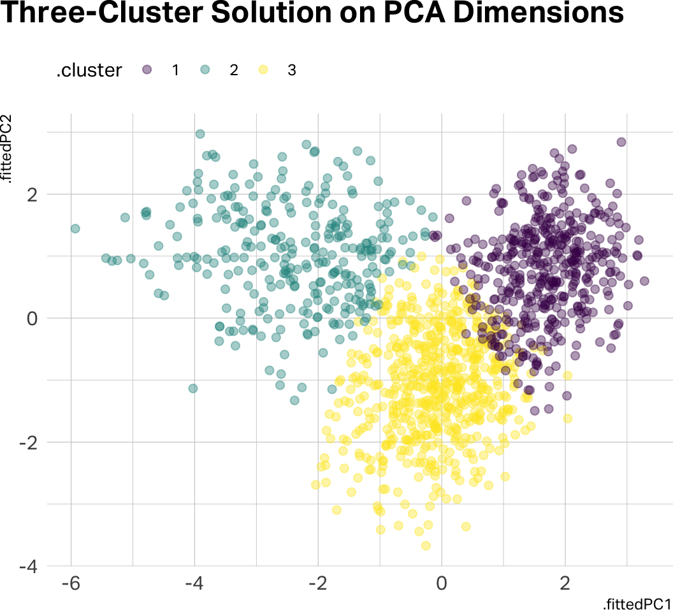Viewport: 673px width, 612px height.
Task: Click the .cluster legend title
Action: [x=89, y=71]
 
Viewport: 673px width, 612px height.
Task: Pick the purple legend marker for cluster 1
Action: [x=147, y=70]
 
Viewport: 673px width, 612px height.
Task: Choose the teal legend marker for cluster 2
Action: [x=205, y=70]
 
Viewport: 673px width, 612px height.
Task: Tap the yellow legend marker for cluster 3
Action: [x=263, y=70]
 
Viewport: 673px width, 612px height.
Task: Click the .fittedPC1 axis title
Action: [x=637, y=604]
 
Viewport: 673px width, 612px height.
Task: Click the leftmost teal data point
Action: [x=75, y=228]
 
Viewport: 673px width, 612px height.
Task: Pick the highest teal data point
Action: [x=200, y=134]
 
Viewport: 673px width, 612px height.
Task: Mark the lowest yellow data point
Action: [x=426, y=546]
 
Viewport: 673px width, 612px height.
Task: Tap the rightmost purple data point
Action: [x=644, y=281]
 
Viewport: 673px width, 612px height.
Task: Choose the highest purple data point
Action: [x=621, y=142]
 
